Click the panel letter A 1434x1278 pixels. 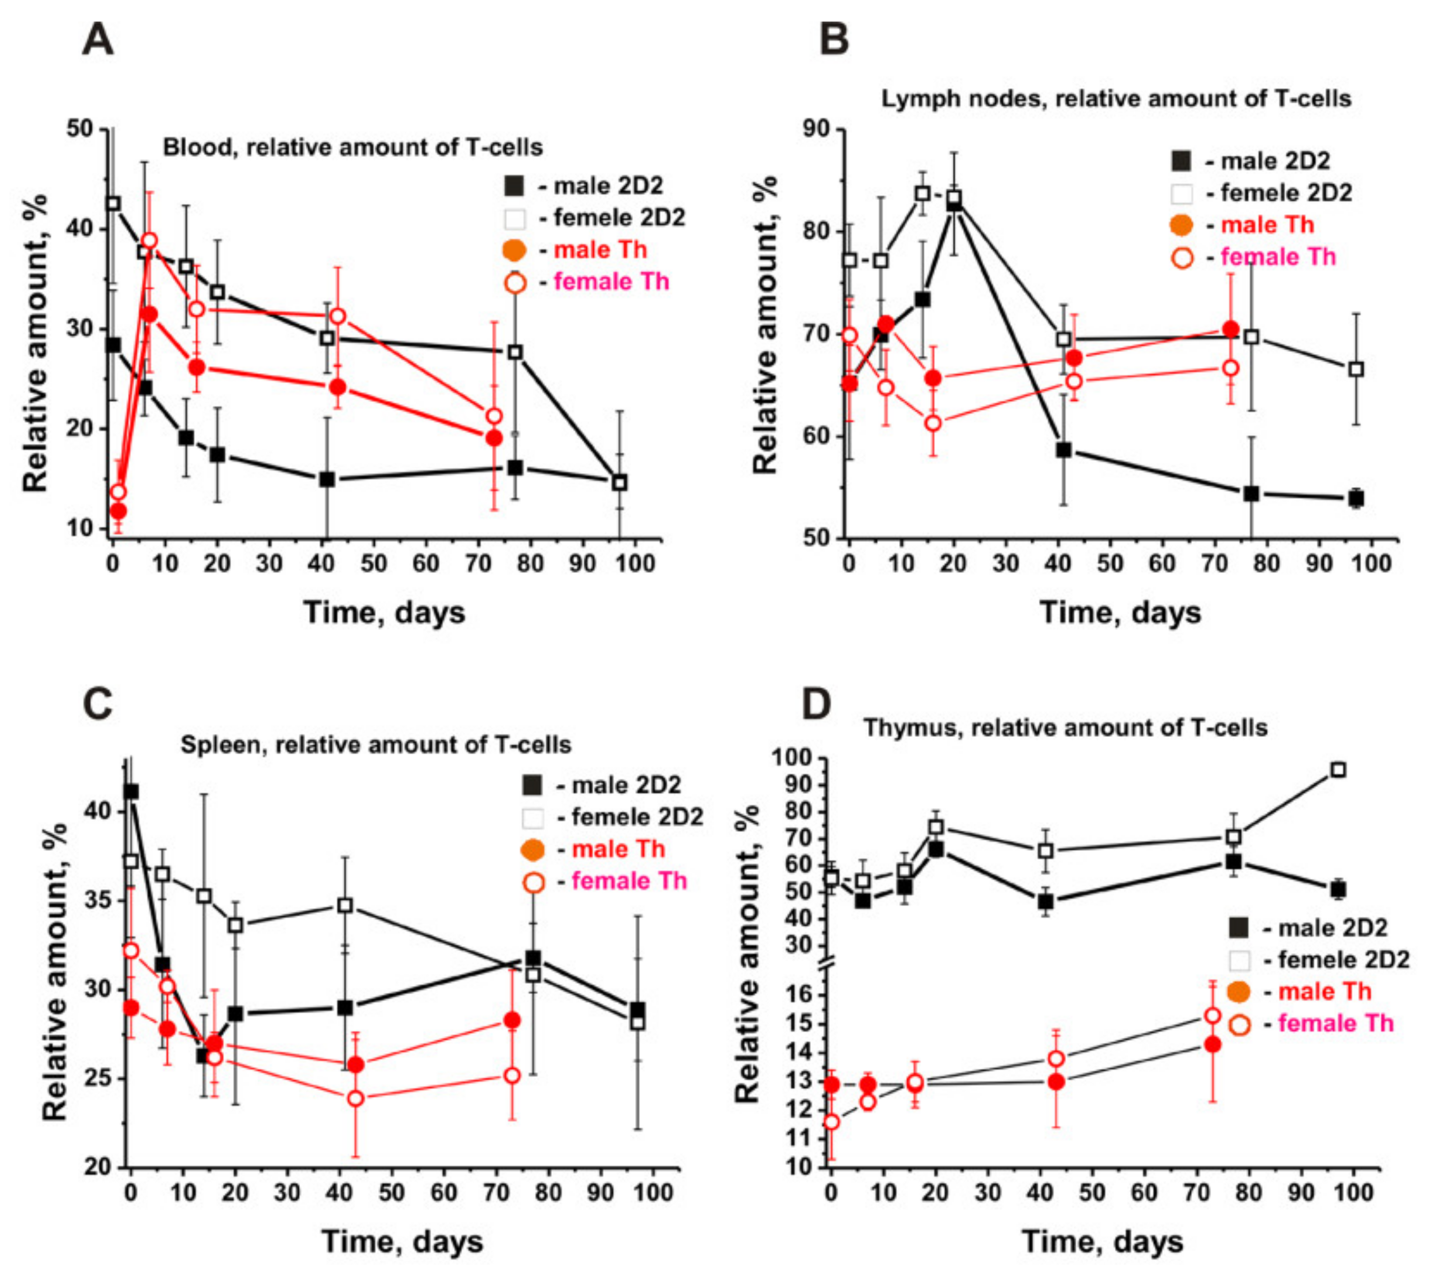[x=98, y=40]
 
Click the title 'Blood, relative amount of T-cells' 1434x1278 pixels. [x=353, y=147]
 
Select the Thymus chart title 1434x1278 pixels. [x=1065, y=727]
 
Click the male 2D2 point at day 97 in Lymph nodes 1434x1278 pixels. [x=1356, y=498]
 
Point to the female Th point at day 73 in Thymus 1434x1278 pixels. [x=1212, y=1016]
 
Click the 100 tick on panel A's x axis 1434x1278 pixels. [x=634, y=564]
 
